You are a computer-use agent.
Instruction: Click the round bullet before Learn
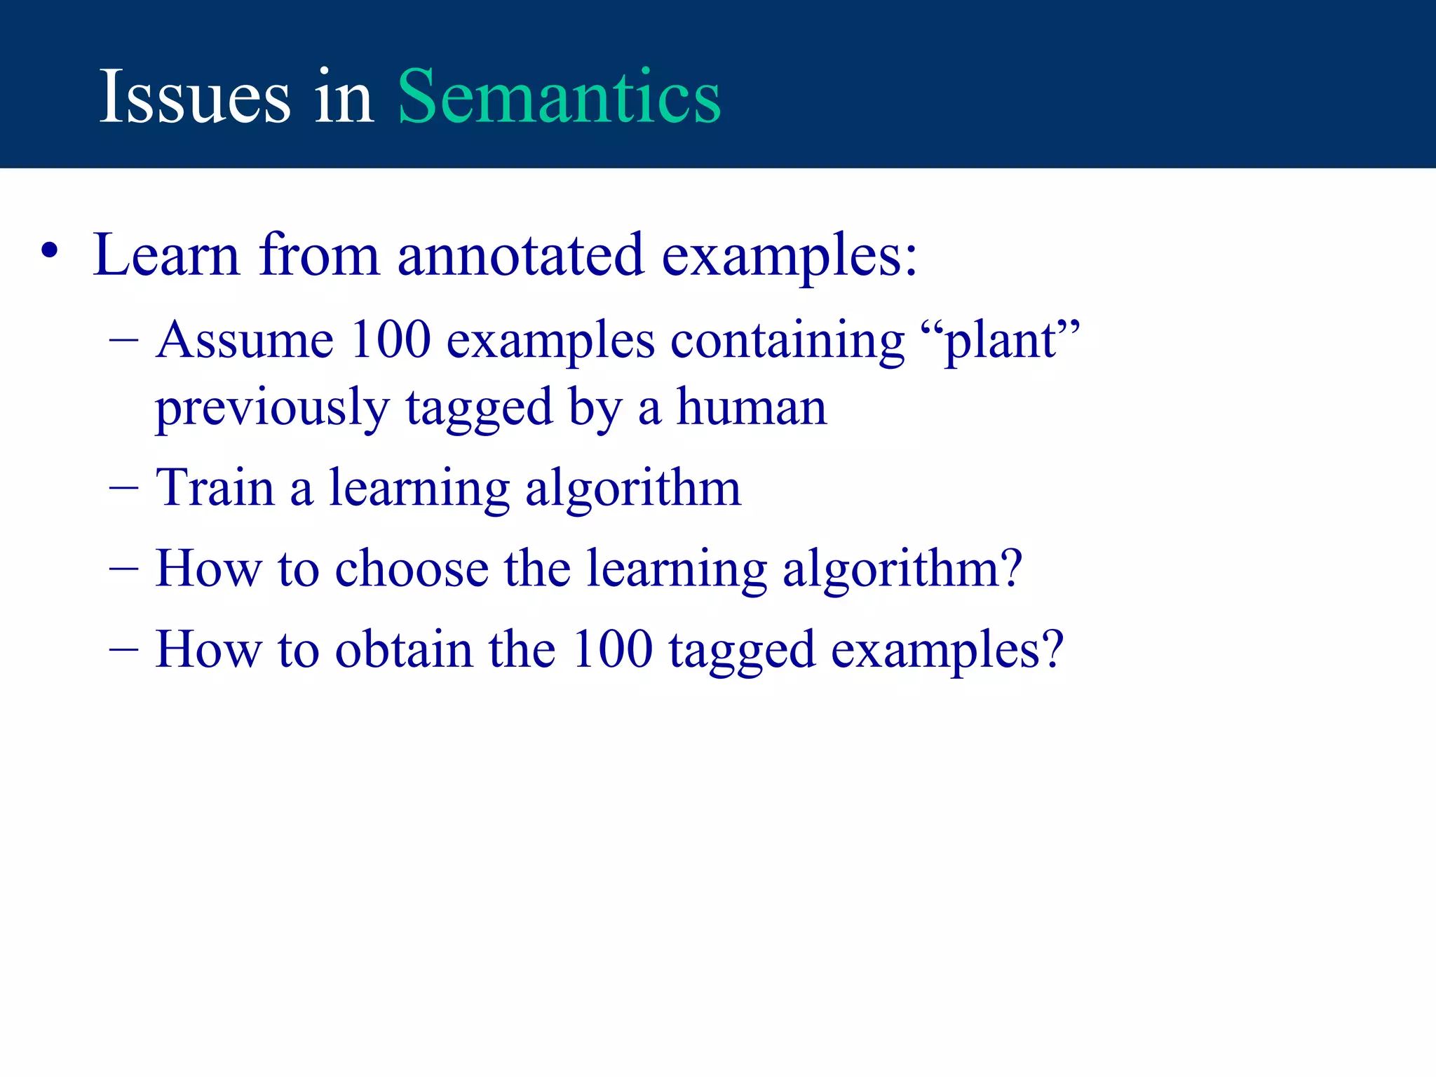pyautogui.click(x=49, y=251)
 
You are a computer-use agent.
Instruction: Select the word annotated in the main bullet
pyautogui.click(x=520, y=255)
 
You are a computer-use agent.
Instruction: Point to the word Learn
pyautogui.click(x=167, y=255)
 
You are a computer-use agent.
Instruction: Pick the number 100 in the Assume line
pyautogui.click(x=391, y=341)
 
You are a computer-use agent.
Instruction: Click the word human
pyautogui.click(x=751, y=408)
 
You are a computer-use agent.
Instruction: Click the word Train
pyautogui.click(x=215, y=488)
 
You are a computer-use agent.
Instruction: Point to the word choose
pyautogui.click(x=412, y=569)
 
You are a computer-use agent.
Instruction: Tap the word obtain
pyautogui.click(x=404, y=649)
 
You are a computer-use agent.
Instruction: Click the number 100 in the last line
pyautogui.click(x=612, y=649)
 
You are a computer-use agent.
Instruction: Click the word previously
pyautogui.click(x=272, y=409)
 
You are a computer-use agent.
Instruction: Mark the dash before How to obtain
pyautogui.click(x=124, y=651)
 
